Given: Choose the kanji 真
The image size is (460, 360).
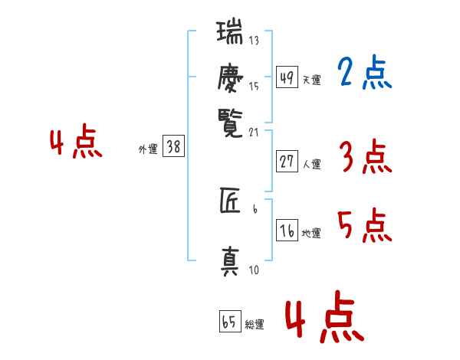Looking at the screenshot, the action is (230, 260).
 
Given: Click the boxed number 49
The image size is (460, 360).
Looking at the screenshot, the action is (287, 78).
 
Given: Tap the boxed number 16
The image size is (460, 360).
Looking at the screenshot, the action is (287, 231).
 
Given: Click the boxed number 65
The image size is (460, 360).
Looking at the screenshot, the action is (229, 322).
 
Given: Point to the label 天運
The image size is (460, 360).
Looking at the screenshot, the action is (312, 80).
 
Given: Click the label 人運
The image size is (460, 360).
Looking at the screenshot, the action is (312, 164).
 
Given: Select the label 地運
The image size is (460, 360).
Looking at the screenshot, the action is (312, 233).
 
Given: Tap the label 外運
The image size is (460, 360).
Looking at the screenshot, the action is (148, 149).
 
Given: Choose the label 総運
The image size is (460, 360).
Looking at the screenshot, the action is (255, 324).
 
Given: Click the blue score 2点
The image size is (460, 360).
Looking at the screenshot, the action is (364, 74).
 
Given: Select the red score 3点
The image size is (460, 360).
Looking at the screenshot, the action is (364, 158).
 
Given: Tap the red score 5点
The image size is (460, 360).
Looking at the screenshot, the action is (364, 226).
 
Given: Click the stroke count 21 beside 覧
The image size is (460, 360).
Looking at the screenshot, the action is (255, 133).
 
